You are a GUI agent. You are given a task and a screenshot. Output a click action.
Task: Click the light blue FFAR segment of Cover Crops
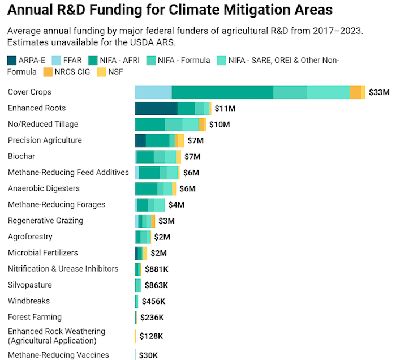point(153,93)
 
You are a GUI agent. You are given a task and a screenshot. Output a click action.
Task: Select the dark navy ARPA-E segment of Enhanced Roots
point(156,109)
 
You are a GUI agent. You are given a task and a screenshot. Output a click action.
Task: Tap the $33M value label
point(378,92)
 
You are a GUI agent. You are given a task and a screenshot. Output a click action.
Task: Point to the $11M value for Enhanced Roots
point(225,109)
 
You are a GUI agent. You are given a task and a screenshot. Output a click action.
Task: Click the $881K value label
point(157,269)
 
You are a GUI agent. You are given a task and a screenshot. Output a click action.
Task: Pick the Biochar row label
point(20,156)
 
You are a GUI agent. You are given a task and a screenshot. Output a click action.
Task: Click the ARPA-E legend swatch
point(12,61)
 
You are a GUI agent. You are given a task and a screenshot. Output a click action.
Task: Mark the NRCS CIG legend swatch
point(48,72)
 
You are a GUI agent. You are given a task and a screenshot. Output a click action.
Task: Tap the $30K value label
point(150,355)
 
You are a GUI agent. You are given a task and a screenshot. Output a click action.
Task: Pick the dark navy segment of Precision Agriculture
point(140,141)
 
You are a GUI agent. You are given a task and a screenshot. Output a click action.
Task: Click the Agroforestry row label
point(30,237)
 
